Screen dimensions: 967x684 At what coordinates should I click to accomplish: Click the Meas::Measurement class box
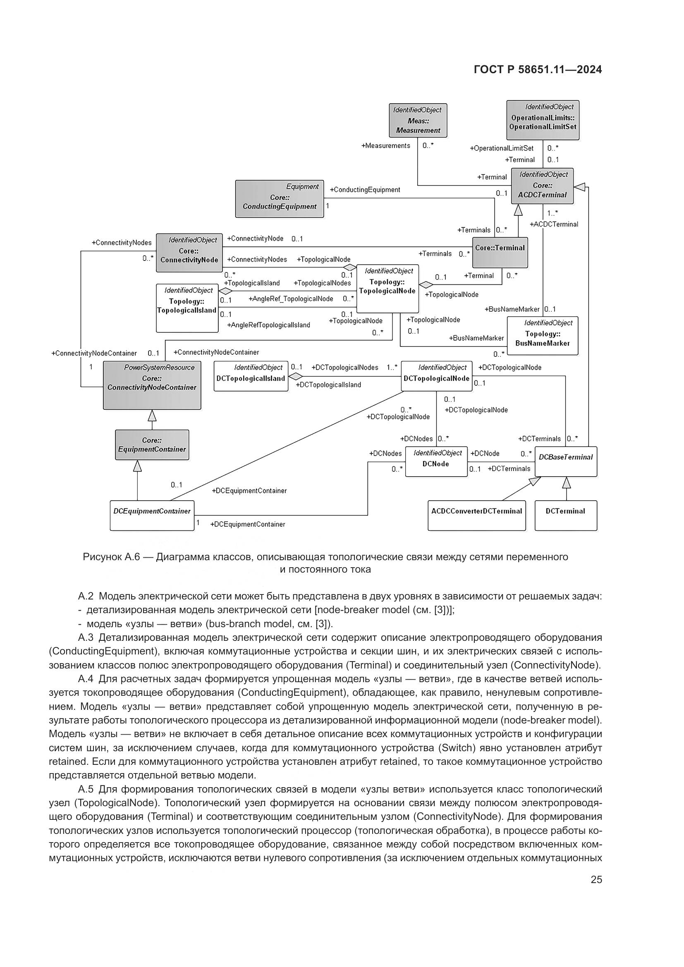pyautogui.click(x=418, y=120)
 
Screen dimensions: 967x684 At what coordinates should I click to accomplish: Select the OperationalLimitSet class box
pyautogui.click(x=543, y=120)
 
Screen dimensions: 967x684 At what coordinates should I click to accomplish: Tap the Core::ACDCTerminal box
pyautogui.click(x=543, y=186)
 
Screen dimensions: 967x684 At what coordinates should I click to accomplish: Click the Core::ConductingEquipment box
pyautogui.click(x=279, y=199)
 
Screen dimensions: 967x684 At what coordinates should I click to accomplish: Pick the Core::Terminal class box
pyautogui.click(x=500, y=252)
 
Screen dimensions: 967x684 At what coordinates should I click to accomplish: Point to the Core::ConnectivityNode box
pyautogui.click(x=189, y=253)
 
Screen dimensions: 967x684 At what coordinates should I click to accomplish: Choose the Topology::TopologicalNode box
pyautogui.click(x=387, y=289)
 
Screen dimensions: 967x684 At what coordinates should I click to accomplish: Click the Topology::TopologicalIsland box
pyautogui.click(x=187, y=308)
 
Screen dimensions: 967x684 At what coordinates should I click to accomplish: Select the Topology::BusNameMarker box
pyautogui.click(x=543, y=336)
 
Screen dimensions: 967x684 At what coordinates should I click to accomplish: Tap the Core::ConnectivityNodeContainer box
pyautogui.click(x=152, y=385)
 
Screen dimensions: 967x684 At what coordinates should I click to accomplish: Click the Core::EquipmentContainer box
pyautogui.click(x=152, y=445)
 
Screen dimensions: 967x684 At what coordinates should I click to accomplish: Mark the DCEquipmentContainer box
pyautogui.click(x=152, y=515)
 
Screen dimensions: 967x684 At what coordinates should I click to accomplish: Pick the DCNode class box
pyautogui.click(x=436, y=461)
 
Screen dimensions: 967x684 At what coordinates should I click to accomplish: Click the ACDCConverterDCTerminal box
pyautogui.click(x=476, y=515)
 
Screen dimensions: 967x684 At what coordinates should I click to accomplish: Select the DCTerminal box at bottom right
pyautogui.click(x=566, y=515)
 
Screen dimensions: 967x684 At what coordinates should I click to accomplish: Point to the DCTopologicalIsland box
pyautogui.click(x=251, y=376)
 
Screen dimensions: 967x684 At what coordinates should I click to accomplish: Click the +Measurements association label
pyautogui.click(x=385, y=146)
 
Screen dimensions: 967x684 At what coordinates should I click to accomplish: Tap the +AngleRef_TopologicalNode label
pyautogui.click(x=291, y=299)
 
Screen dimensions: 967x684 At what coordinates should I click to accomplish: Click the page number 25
pyautogui.click(x=596, y=879)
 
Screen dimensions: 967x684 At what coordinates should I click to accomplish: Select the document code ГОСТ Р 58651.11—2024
pyautogui.click(x=538, y=70)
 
